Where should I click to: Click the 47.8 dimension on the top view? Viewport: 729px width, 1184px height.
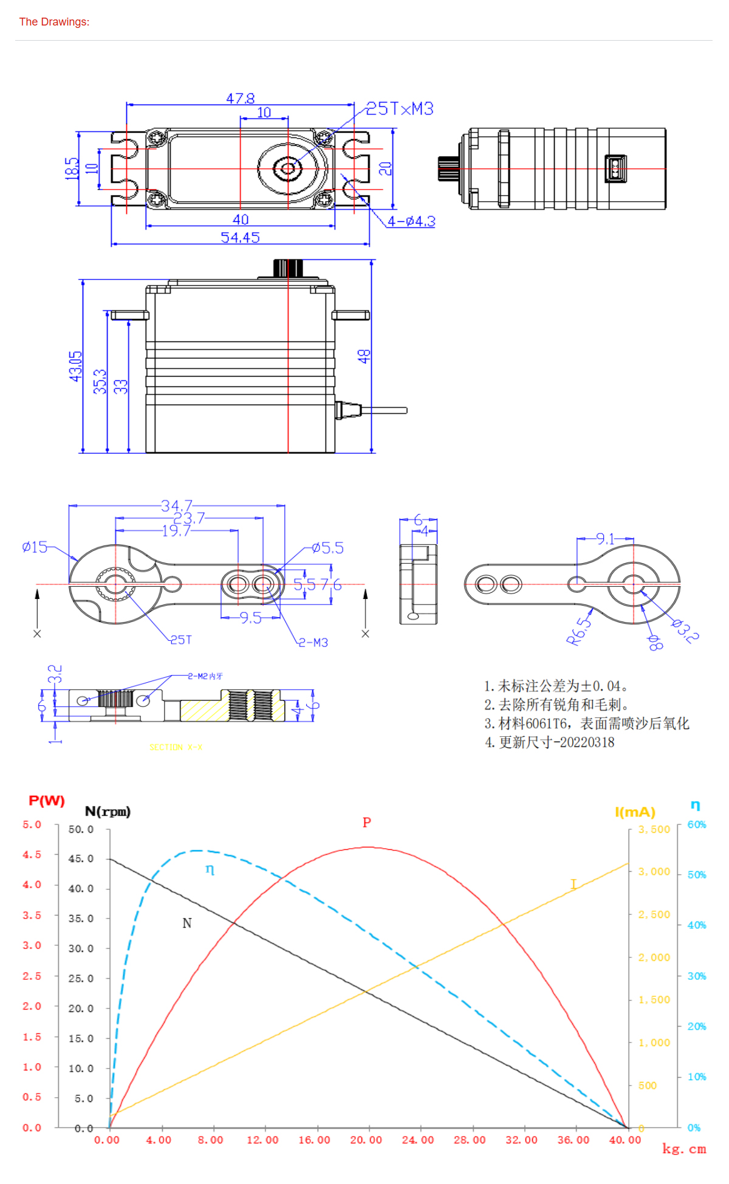pos(241,98)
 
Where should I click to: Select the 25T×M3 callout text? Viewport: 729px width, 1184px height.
pos(400,109)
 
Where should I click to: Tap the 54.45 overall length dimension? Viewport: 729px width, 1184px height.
pos(240,238)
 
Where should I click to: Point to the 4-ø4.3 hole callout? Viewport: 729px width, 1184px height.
pos(411,221)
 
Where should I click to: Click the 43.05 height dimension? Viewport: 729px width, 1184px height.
pos(75,366)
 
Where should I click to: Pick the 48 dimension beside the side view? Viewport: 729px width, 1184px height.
pos(363,356)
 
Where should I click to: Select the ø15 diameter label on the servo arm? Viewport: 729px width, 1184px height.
pos(35,547)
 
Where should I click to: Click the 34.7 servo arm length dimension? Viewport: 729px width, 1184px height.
pos(177,505)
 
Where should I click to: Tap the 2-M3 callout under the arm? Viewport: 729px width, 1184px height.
pos(313,643)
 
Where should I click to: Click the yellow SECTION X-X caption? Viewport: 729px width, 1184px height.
pos(176,747)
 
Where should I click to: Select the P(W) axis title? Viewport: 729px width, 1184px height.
pos(47,801)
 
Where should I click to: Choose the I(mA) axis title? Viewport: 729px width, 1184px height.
pos(635,812)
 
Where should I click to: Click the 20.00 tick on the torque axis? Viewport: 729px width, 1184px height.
pos(366,1140)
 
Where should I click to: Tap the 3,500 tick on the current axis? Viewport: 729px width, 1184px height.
pos(654,829)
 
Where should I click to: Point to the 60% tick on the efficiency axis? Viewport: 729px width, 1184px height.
pos(697,824)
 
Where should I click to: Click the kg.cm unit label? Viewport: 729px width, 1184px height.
pos(684,1149)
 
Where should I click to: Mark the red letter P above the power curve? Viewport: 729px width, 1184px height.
pos(366,823)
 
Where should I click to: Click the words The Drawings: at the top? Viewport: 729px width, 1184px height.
pos(54,22)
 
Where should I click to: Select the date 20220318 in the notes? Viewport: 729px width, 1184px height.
pos(587,742)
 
